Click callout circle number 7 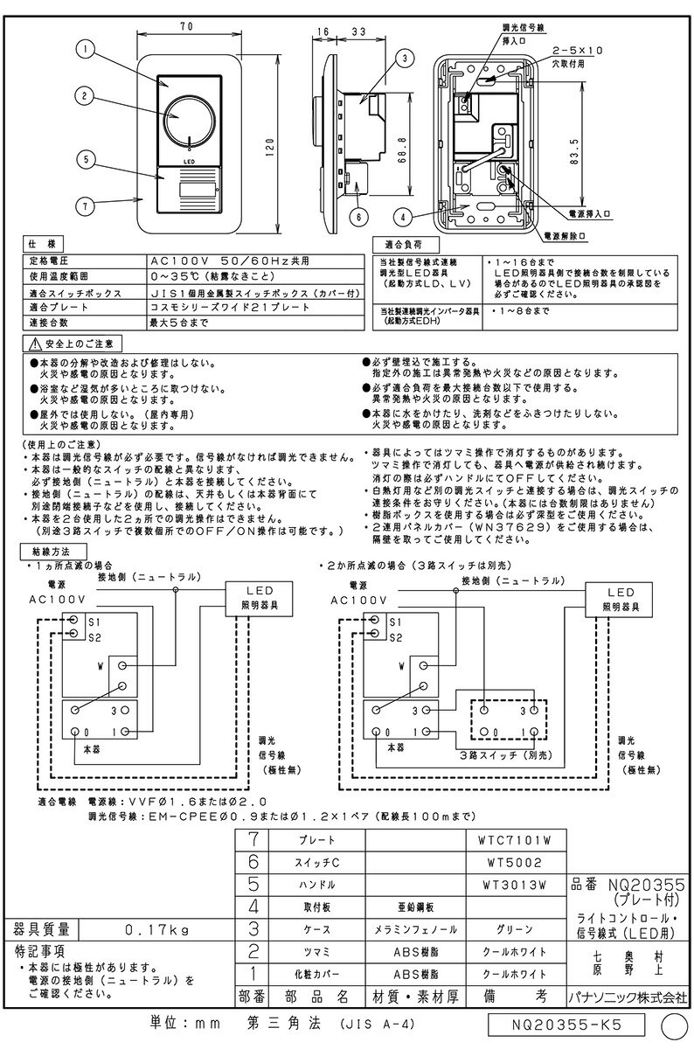[84, 206]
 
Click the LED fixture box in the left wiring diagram [253, 599]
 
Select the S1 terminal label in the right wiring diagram [392, 621]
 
